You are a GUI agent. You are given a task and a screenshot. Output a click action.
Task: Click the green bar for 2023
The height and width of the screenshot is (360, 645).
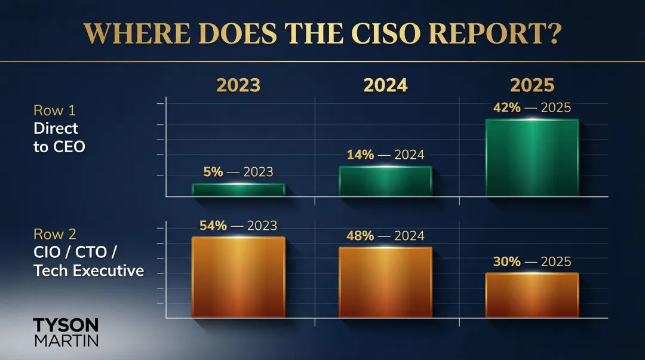coord(238,190)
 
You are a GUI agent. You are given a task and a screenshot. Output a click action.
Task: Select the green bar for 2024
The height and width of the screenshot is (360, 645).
coord(385,181)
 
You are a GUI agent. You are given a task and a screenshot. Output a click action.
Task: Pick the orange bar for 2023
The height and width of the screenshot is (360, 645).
coord(238,277)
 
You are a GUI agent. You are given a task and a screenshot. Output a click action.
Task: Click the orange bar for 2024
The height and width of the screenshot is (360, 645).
coord(385,282)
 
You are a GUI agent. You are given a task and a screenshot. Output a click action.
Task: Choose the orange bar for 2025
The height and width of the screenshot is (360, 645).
coord(532,295)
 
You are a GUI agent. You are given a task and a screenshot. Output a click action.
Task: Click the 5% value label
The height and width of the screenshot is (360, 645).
coord(213,172)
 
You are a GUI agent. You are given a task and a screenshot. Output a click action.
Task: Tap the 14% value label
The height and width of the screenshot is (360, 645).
coord(360,155)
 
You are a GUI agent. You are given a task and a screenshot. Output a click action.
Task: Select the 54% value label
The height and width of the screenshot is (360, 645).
coord(213,226)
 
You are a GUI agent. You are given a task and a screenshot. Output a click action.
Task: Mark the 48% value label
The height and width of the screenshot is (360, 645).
coord(360,235)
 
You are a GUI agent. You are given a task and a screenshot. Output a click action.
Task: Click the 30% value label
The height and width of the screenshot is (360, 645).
coord(507,261)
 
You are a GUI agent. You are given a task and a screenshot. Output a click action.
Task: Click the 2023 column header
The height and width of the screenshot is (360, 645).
coord(238,85)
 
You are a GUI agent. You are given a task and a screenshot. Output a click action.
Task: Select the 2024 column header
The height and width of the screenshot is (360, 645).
coord(385,85)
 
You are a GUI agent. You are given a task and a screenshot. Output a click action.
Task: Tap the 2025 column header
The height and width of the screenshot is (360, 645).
coord(532,85)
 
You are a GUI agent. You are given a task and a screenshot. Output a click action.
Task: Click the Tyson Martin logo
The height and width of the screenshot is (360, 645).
coord(65,332)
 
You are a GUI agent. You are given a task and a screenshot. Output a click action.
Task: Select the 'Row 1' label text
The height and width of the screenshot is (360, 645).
coord(54,110)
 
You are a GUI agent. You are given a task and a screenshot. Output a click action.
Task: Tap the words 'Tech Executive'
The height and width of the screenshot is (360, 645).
coord(89,270)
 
